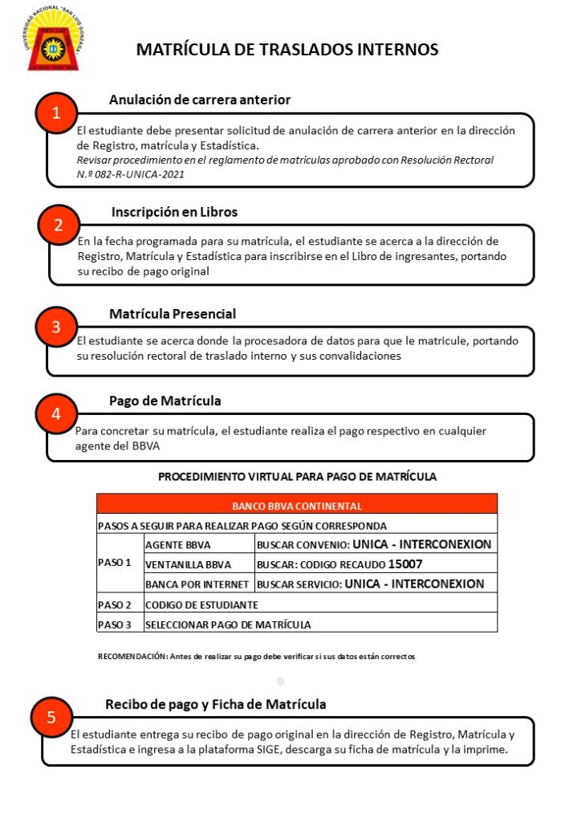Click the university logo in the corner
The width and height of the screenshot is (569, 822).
[x=53, y=41]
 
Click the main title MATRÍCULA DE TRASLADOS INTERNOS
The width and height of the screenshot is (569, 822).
[x=287, y=50]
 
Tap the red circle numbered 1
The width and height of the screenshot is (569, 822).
[x=56, y=114]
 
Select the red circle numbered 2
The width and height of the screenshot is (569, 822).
[x=58, y=225]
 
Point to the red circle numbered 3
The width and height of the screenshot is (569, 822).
[x=55, y=327]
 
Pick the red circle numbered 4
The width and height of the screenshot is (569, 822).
[x=55, y=414]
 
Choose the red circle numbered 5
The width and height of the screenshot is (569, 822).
[x=51, y=718]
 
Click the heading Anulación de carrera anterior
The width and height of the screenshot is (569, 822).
[x=199, y=100]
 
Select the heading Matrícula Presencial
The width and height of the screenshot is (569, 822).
[x=173, y=314]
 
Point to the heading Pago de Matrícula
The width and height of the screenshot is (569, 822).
[x=165, y=401]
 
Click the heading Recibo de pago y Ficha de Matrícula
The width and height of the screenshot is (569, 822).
[x=216, y=704]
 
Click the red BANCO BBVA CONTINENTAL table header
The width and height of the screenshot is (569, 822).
[x=296, y=507]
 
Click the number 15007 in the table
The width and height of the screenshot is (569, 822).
[x=404, y=564]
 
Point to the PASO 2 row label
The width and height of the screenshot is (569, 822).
[x=115, y=604]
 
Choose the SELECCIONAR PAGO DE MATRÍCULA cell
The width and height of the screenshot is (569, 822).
[x=228, y=624]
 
